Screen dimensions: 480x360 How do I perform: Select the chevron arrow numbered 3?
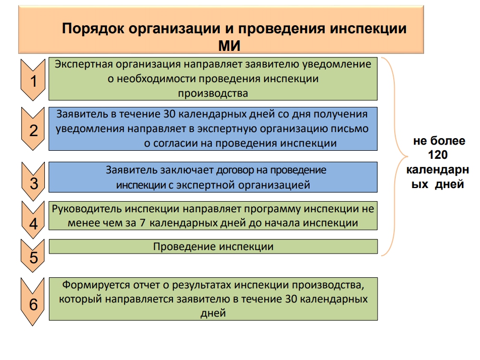(33, 182)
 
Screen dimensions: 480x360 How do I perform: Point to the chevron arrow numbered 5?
(33, 256)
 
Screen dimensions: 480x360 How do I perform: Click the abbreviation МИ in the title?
(229, 46)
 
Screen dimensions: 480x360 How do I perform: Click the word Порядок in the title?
(93, 29)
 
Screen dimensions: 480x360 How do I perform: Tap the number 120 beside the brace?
(438, 155)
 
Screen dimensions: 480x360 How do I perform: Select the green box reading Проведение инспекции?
(213, 247)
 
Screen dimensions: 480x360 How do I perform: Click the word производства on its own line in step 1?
(213, 93)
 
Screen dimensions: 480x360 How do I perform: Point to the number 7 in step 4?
(142, 223)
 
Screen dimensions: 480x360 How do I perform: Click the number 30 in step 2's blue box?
(169, 114)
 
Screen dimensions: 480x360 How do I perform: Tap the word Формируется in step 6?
(96, 285)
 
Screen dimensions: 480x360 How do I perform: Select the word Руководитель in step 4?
(87, 209)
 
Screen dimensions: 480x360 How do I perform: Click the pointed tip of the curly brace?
(408, 156)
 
